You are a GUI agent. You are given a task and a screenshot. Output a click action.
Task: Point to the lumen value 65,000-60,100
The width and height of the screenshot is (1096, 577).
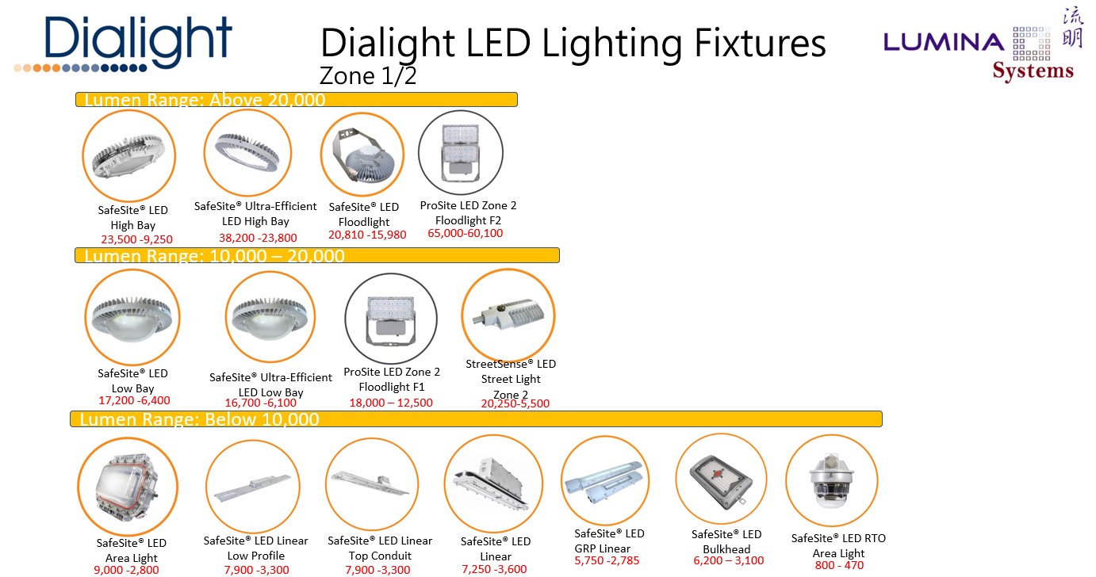(466, 234)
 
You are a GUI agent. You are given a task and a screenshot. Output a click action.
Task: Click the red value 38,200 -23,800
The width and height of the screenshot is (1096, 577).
(258, 238)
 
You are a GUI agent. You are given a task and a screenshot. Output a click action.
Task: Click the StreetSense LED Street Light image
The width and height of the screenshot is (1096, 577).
(508, 315)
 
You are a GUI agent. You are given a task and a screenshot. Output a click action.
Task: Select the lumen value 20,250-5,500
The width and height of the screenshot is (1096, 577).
(515, 403)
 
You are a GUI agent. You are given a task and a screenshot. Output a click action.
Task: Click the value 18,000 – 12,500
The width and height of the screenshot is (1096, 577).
(391, 403)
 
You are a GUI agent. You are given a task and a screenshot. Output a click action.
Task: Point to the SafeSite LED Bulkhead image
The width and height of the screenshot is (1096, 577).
(722, 480)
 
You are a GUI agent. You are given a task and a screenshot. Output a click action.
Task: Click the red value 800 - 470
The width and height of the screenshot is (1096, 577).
(839, 566)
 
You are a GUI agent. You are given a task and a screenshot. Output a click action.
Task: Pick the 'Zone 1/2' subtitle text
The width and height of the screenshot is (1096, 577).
(367, 76)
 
